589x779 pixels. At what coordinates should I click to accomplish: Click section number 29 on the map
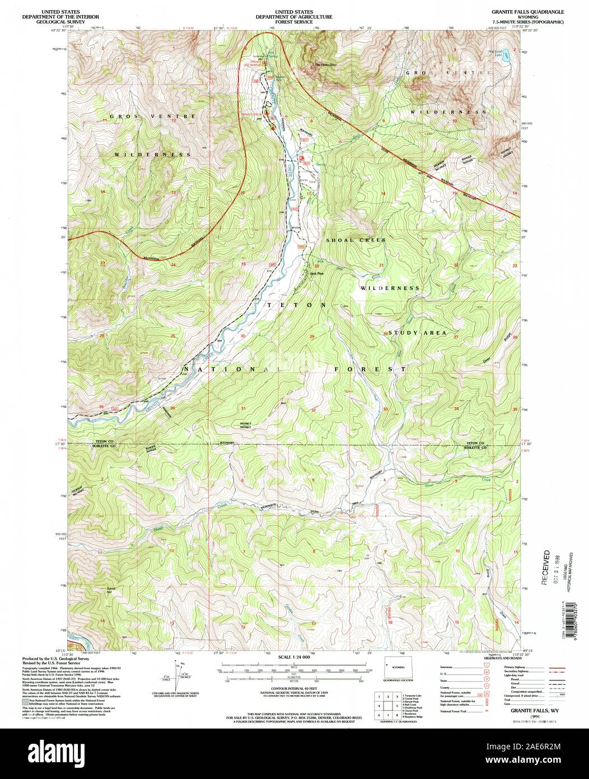tap(312, 336)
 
